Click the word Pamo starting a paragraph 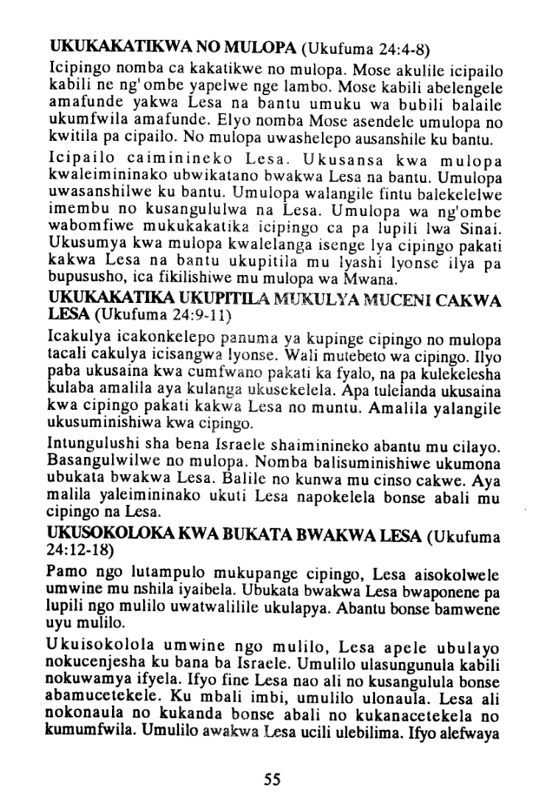(66, 572)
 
